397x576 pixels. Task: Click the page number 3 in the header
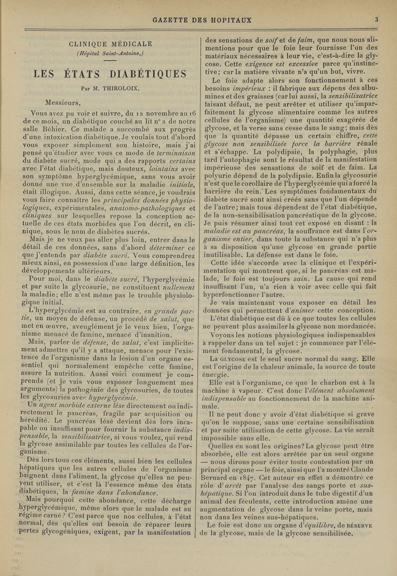tap(377, 20)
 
